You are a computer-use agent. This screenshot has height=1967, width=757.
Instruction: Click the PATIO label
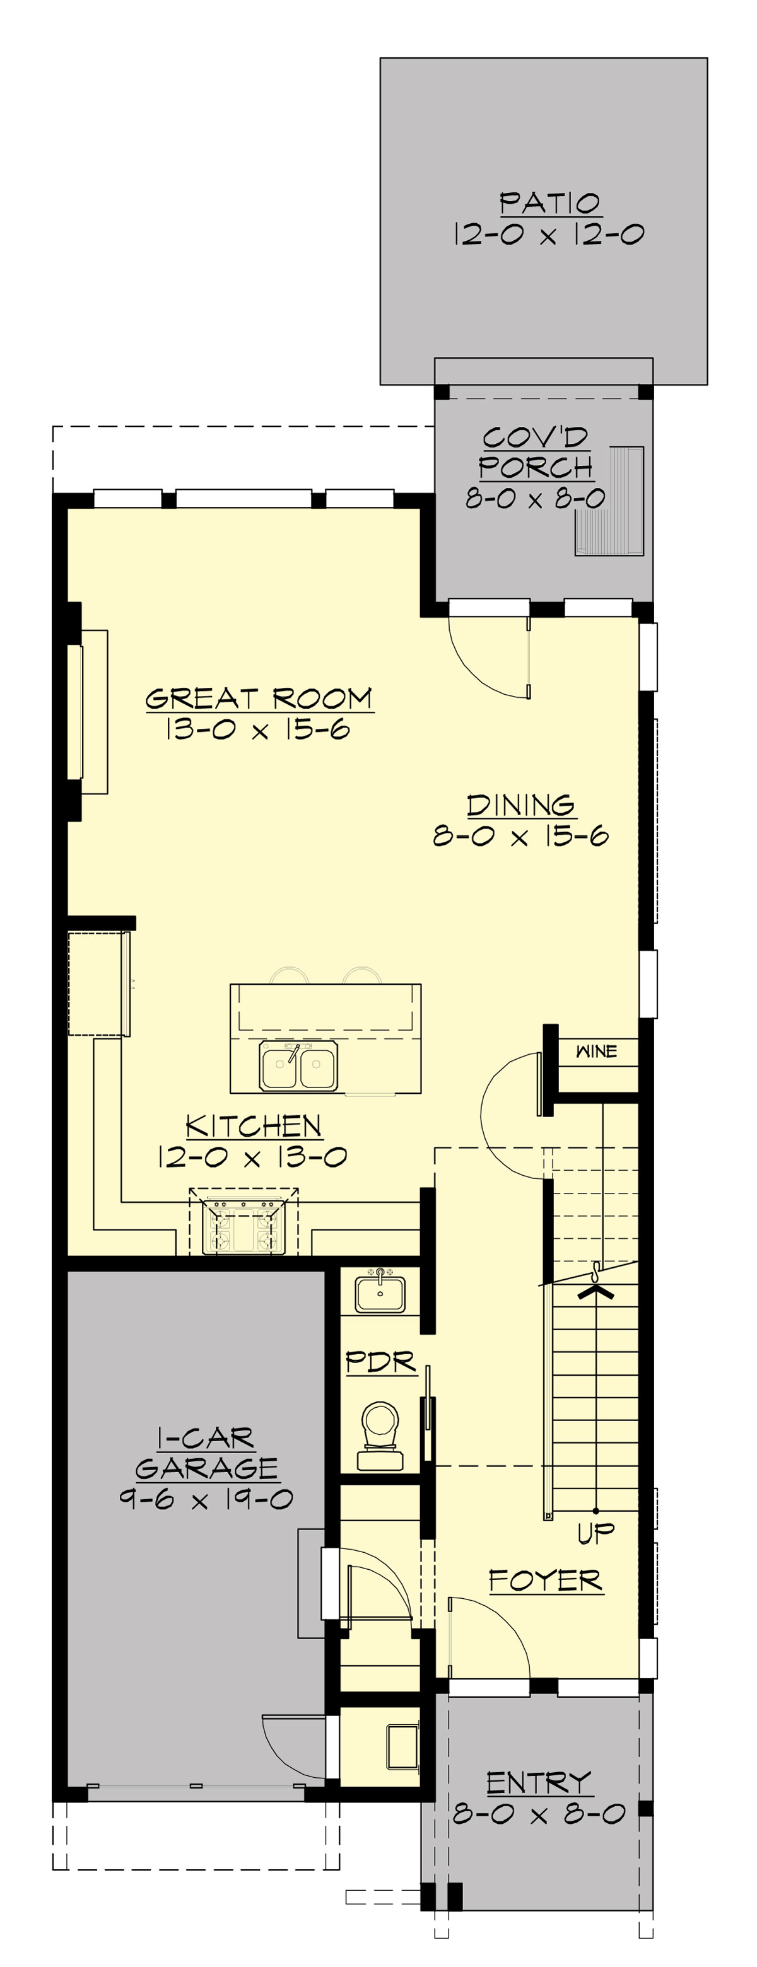point(549,203)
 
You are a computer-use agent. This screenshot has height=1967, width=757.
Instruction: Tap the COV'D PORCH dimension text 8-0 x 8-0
point(535,499)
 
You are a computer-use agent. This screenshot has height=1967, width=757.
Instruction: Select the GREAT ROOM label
point(259,699)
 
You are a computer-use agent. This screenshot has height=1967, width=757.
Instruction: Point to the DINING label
point(521,805)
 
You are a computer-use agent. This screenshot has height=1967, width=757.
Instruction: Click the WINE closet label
point(596,1051)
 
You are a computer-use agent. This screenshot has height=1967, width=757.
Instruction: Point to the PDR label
point(380,1362)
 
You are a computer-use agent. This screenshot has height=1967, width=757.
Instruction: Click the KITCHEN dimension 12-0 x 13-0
point(252,1157)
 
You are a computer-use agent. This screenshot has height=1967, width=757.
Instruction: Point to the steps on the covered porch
point(609,501)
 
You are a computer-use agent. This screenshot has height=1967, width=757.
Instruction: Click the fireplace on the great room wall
point(86,712)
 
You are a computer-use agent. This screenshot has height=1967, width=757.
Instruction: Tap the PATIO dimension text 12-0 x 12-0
point(549,235)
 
